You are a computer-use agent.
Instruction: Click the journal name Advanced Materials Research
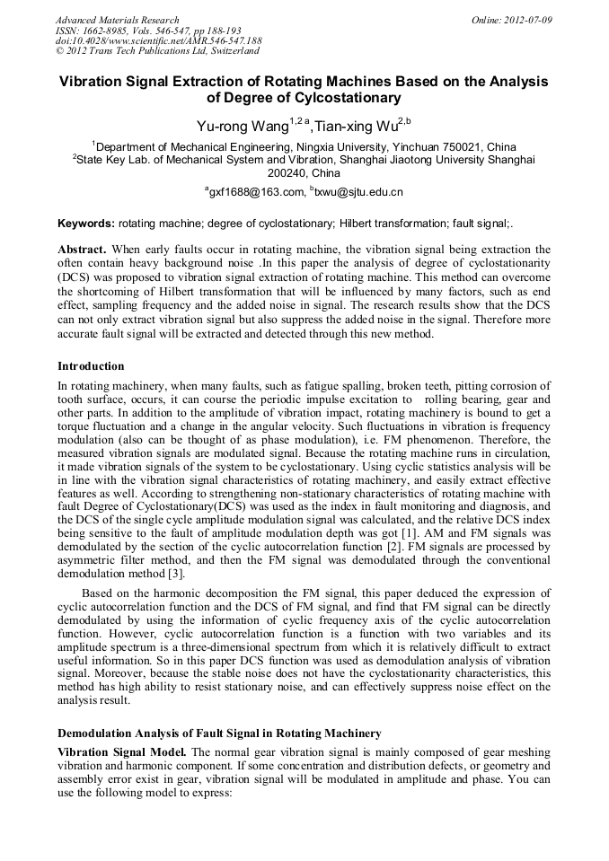click(x=117, y=20)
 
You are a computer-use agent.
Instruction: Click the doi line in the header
click(x=158, y=41)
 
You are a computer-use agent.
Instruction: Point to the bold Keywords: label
click(x=86, y=223)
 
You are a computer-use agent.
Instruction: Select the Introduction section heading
click(x=91, y=366)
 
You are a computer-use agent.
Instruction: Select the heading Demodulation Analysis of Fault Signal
click(x=219, y=734)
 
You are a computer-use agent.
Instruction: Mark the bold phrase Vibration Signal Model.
click(x=121, y=751)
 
